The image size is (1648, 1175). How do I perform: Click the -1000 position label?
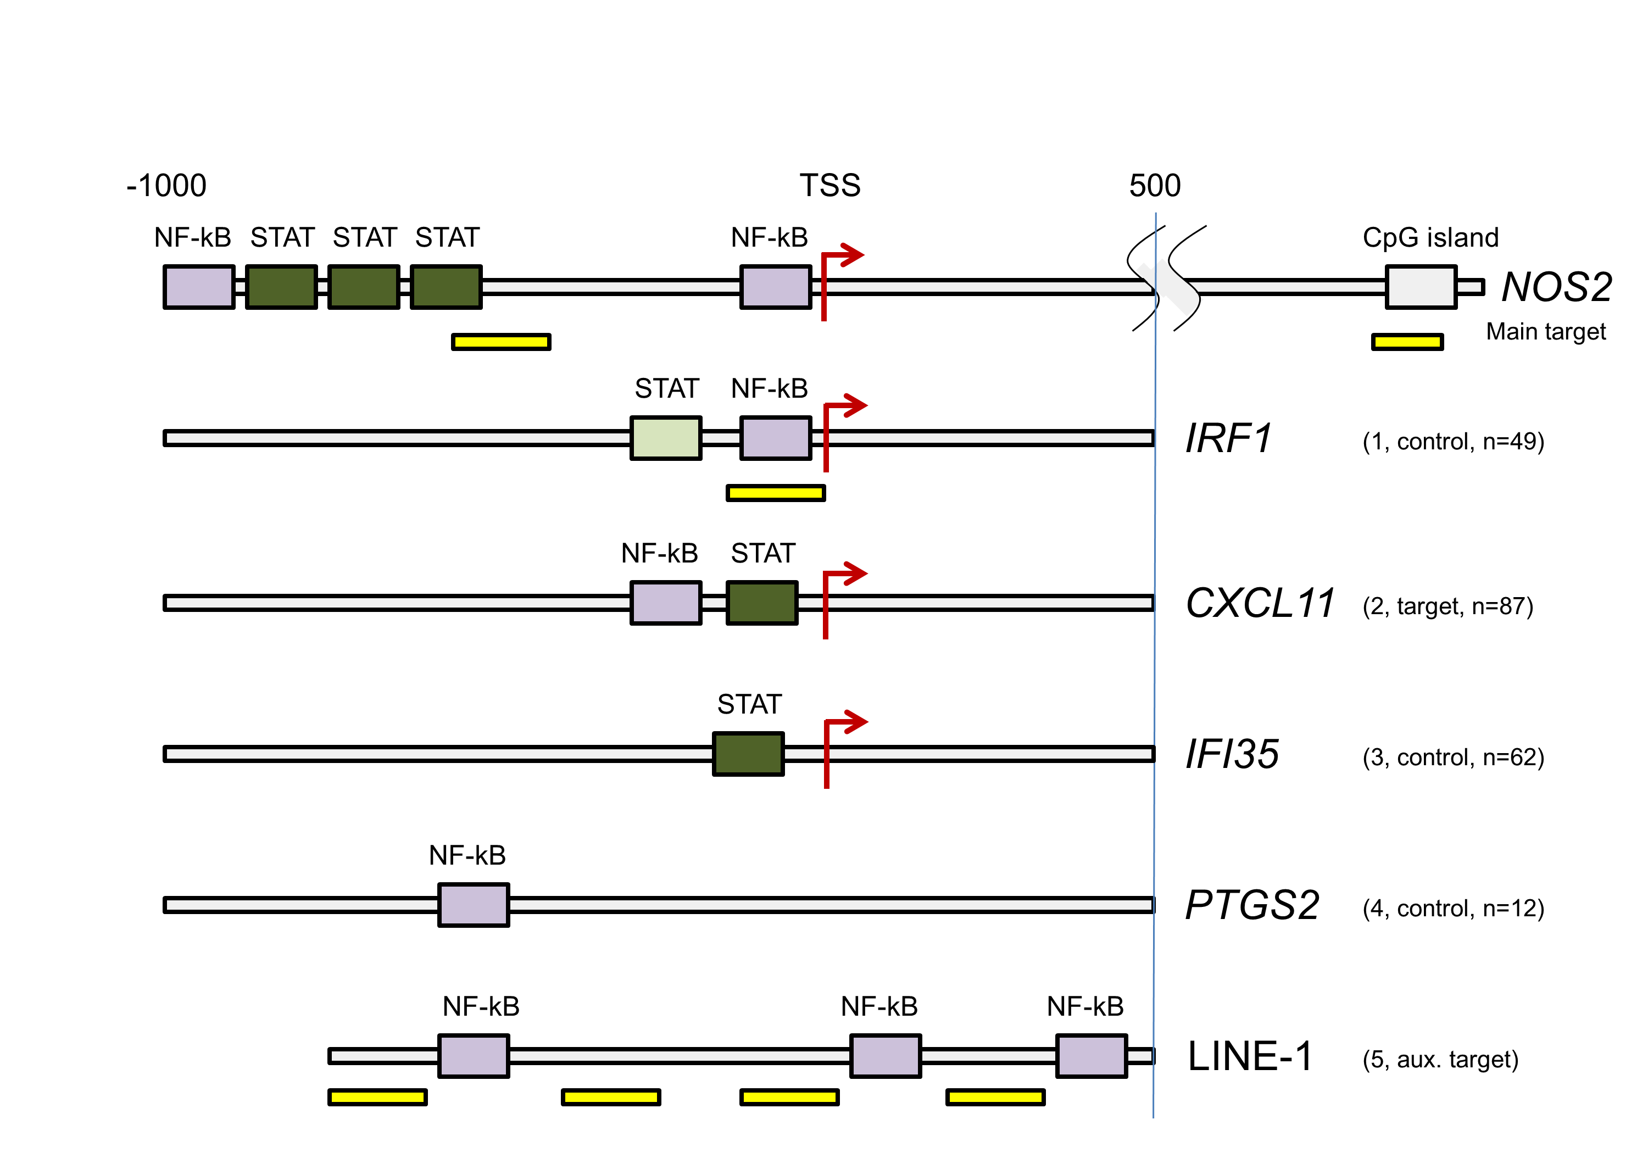[x=166, y=186]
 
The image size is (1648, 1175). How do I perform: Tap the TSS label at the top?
[x=830, y=186]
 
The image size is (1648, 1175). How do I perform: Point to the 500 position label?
[x=1155, y=186]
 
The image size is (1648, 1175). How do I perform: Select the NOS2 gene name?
[x=1556, y=287]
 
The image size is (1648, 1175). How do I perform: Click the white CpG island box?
[x=1421, y=287]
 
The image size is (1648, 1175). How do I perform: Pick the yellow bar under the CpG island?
[x=1407, y=342]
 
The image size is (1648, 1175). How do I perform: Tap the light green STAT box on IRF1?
[x=666, y=438]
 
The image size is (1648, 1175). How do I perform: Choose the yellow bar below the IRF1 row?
[x=776, y=493]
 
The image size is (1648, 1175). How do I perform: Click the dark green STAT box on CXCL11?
[x=762, y=603]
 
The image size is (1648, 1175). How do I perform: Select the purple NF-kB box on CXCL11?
[x=666, y=603]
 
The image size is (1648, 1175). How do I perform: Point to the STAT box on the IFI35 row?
[x=748, y=754]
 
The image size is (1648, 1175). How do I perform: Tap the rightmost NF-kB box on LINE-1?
[x=1091, y=1056]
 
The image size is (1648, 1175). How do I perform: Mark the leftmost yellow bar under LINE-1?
[x=377, y=1097]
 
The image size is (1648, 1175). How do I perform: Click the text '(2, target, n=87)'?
[x=1447, y=606]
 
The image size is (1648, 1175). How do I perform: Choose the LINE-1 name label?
[x=1249, y=1056]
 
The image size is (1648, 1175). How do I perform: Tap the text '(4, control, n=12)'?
[x=1452, y=908]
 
